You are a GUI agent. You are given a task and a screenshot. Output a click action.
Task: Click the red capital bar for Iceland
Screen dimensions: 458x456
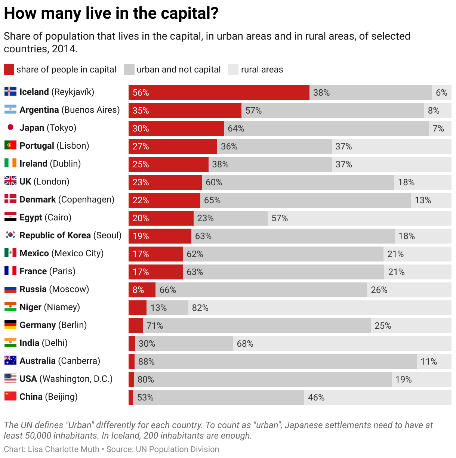(219, 93)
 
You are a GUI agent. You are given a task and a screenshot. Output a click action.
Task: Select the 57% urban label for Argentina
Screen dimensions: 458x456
(253, 111)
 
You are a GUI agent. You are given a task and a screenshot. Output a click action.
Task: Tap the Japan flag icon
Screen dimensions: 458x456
(10, 127)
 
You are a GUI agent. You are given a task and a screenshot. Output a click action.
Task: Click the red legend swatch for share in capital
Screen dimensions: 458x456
(9, 69)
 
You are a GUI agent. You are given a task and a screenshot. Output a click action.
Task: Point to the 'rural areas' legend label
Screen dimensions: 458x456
(262, 69)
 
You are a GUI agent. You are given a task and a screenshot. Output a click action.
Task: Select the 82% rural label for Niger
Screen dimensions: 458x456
(200, 308)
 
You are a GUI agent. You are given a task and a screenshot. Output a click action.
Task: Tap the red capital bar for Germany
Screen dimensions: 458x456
(136, 326)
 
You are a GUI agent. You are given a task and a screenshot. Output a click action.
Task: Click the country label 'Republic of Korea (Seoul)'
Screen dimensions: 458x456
(70, 235)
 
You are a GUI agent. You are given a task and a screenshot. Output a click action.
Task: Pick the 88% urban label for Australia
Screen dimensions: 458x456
(146, 362)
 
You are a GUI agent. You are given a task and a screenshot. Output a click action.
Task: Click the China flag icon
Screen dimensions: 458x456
(10, 396)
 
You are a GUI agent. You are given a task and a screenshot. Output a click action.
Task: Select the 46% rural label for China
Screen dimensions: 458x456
(316, 397)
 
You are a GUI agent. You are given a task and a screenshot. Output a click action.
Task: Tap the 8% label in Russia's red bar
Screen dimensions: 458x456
(138, 290)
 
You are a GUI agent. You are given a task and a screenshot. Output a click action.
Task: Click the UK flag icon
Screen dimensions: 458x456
(10, 181)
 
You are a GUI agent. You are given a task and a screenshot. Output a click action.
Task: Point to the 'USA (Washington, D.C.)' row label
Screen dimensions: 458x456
(66, 379)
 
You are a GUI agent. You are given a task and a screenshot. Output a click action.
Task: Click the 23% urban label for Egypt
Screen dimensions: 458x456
(205, 218)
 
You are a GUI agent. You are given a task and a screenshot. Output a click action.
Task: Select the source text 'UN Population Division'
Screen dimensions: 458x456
(177, 449)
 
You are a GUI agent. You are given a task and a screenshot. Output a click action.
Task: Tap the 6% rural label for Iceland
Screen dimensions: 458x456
(441, 93)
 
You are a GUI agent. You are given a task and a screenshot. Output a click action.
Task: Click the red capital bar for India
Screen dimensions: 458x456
(132, 344)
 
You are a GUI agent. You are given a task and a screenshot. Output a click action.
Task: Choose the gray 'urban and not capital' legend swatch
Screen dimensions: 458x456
(129, 69)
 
